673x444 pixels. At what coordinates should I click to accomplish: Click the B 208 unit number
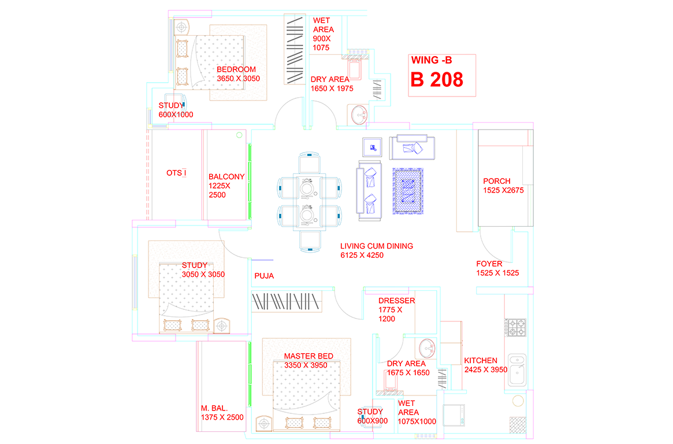[437, 80]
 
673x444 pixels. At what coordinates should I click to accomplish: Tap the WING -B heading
[432, 60]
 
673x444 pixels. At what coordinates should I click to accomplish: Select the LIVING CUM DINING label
[377, 246]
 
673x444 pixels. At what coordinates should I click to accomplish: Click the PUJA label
[264, 276]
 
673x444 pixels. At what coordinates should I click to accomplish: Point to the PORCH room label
[497, 181]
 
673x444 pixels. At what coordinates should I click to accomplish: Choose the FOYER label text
[489, 264]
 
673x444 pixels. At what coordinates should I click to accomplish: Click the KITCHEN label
[480, 361]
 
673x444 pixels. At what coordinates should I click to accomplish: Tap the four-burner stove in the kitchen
[516, 327]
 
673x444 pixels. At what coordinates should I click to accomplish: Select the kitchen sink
[517, 370]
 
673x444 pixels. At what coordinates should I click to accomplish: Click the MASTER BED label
[308, 356]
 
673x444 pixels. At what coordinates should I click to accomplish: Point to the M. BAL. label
[214, 408]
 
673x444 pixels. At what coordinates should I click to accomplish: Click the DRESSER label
[397, 301]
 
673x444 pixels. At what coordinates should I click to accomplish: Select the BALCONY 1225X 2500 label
[226, 186]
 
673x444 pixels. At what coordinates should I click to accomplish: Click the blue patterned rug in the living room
[408, 191]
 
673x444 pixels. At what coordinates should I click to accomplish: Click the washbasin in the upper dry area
[359, 114]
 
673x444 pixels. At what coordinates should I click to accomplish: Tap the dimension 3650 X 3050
[238, 79]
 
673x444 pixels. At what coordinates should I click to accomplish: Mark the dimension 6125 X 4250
[362, 255]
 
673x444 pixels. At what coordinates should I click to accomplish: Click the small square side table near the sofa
[372, 148]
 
